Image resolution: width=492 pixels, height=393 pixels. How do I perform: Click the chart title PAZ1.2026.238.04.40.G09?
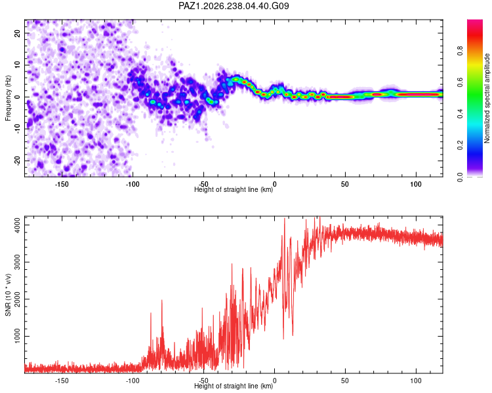coord(234,6)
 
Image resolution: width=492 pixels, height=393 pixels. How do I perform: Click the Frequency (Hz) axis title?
coord(8,98)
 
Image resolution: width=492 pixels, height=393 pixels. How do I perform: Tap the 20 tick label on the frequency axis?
coord(18,33)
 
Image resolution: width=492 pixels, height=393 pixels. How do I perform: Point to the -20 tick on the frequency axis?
coord(18,160)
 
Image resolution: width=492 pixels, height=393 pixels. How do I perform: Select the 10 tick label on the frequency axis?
coord(18,65)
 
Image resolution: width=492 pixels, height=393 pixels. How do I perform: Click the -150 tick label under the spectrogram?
coord(62,184)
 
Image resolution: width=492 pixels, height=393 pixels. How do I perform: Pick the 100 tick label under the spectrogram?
coord(416,184)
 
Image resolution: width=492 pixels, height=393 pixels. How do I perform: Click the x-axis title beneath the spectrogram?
coord(234,189)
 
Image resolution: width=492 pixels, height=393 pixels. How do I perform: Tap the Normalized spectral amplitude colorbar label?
coord(487,98)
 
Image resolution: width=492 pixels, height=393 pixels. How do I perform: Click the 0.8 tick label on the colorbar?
coord(460,50)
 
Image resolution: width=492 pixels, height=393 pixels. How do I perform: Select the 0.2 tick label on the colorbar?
coord(460,145)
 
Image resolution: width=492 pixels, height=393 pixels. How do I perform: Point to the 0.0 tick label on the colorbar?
coord(460,177)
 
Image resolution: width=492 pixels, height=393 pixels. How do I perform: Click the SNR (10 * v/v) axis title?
coord(8,295)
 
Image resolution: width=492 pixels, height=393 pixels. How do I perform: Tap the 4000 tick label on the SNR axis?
coord(18,225)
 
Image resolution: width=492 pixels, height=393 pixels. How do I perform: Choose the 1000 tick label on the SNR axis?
coord(18,336)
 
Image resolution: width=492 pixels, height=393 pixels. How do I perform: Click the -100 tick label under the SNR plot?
coord(133,381)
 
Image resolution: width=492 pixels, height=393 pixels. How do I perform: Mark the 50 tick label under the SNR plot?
coord(345,381)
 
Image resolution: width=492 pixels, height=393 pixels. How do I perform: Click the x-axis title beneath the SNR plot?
coord(234,386)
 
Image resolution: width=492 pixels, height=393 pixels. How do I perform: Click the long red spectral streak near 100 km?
coord(417,94)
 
